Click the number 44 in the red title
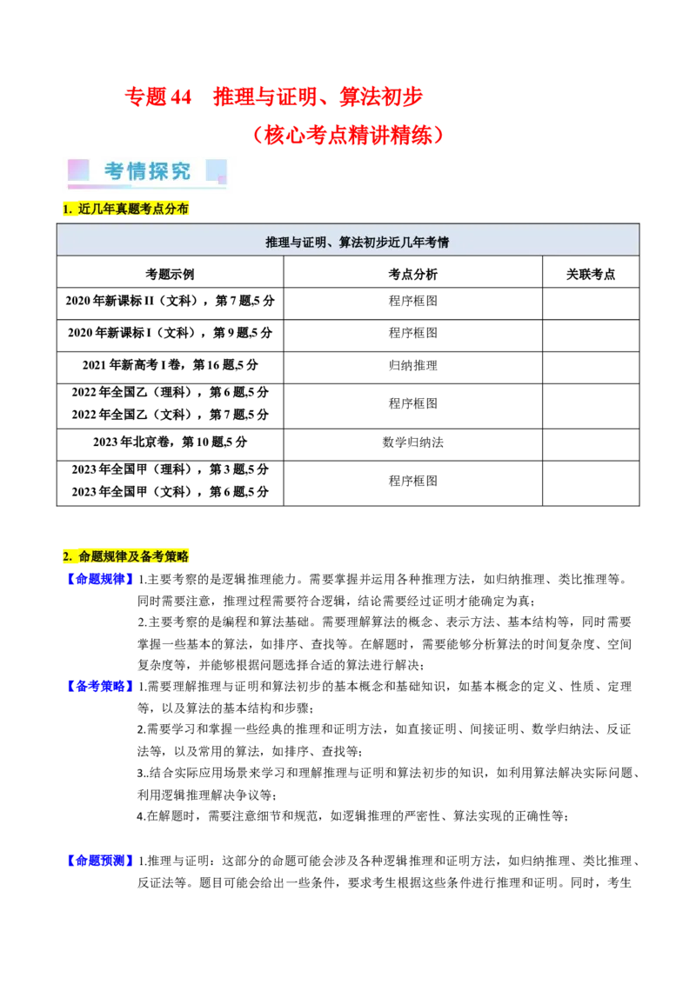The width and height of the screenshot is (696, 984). coord(182,97)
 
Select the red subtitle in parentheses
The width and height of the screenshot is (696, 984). coord(347,136)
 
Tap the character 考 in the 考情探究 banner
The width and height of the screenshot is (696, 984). coord(115,171)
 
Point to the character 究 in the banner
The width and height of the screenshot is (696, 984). coord(180,171)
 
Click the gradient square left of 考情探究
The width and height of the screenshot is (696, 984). coord(77,170)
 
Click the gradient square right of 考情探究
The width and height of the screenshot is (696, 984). coord(216,170)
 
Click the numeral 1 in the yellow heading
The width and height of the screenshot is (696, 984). coord(66,209)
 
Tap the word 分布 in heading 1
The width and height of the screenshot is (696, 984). coord(177,209)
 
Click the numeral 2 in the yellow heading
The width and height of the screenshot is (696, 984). coord(66,555)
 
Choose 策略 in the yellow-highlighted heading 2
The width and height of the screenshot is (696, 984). coord(177,555)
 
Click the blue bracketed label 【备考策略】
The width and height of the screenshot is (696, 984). coord(101,686)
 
